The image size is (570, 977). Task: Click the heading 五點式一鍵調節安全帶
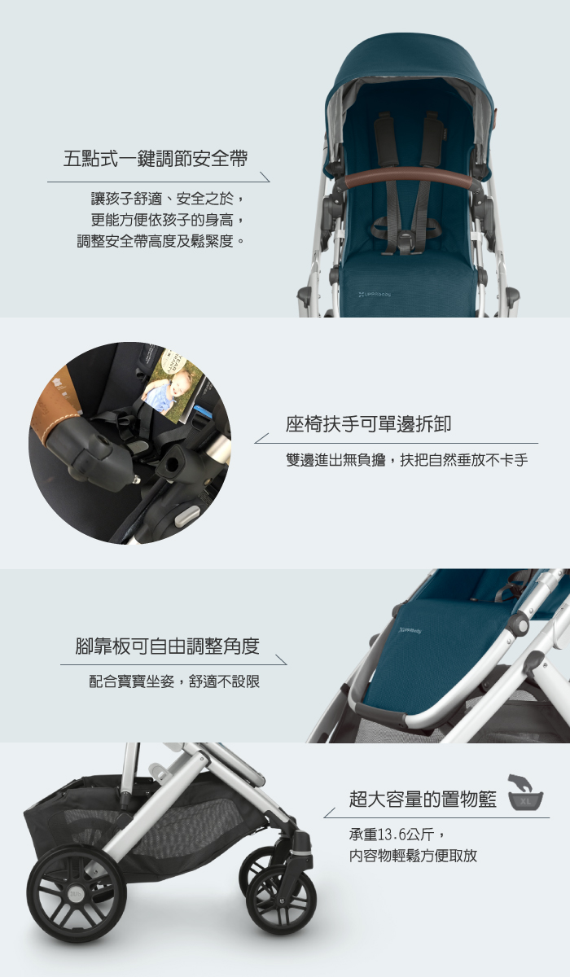click(x=156, y=157)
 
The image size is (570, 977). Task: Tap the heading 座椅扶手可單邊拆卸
click(x=368, y=424)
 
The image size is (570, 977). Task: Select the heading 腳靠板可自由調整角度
click(x=167, y=646)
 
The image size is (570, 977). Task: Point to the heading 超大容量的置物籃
click(x=423, y=799)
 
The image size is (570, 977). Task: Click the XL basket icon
click(x=525, y=794)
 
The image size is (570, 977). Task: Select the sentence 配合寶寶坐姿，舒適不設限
click(x=174, y=681)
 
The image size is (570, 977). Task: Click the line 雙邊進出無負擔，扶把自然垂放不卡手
click(x=407, y=460)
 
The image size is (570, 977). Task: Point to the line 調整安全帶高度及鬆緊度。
click(x=161, y=242)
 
